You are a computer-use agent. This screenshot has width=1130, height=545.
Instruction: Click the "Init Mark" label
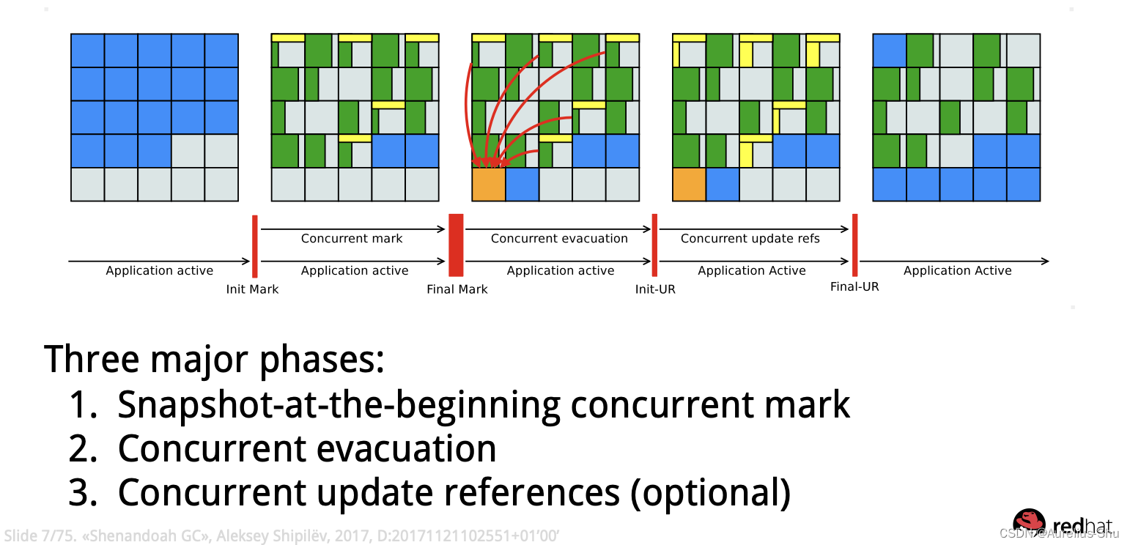[252, 289]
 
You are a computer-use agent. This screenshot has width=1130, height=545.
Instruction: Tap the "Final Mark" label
[457, 289]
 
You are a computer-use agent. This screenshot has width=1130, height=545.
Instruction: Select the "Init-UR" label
[655, 289]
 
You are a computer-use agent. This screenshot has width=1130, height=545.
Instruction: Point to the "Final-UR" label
[854, 286]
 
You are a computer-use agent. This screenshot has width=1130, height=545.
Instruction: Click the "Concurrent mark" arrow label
[352, 238]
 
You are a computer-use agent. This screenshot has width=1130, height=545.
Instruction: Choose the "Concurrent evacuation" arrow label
[559, 238]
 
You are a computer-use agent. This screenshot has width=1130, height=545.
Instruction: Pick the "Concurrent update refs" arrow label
[750, 238]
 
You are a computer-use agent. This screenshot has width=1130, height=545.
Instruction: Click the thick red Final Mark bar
[456, 245]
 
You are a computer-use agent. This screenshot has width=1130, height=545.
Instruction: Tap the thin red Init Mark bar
[254, 246]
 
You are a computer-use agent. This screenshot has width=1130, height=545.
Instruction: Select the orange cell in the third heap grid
[489, 184]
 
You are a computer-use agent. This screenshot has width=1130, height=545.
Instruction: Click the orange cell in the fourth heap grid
[689, 184]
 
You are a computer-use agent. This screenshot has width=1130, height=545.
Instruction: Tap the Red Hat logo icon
[1029, 521]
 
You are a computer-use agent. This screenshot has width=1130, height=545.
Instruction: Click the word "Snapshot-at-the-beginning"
[338, 404]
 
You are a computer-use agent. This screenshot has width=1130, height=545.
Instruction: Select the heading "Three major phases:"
[214, 359]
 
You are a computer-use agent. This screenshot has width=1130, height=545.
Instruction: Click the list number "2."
[83, 449]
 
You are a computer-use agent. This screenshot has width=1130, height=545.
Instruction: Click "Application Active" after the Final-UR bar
[957, 270]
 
